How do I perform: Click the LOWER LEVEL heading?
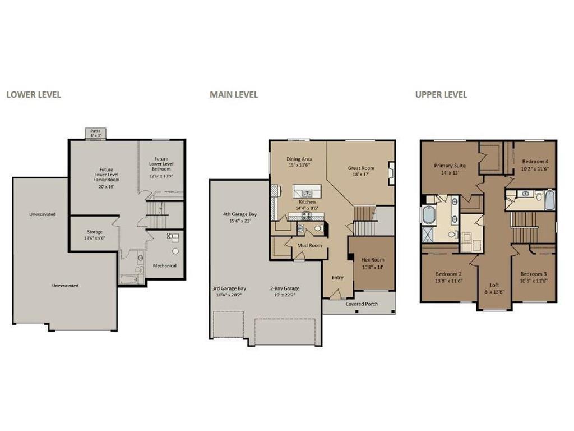click(34, 94)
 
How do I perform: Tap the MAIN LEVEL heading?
click(234, 94)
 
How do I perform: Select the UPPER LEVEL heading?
click(441, 94)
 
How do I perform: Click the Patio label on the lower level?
click(95, 131)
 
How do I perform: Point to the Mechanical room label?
click(164, 265)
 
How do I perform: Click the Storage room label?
click(94, 232)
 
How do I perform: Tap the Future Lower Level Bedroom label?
click(161, 164)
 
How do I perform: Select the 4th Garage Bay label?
click(240, 214)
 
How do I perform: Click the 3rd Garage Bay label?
click(229, 288)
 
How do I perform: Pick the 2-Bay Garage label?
click(285, 288)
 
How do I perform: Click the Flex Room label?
click(373, 260)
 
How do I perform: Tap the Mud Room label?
click(309, 245)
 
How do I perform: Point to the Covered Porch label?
click(362, 304)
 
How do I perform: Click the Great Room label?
click(361, 168)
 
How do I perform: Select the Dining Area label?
click(299, 159)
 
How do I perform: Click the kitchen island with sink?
click(307, 191)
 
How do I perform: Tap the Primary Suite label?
click(450, 166)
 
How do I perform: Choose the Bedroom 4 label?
click(535, 161)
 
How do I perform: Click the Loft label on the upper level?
click(494, 285)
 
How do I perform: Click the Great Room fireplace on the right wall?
click(391, 173)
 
